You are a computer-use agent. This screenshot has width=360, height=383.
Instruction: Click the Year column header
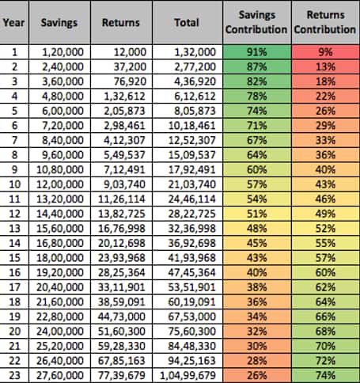pyautogui.click(x=14, y=22)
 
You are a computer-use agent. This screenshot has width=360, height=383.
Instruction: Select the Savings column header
pyautogui.click(x=59, y=22)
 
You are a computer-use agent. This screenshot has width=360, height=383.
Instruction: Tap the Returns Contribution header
pyautogui.click(x=325, y=22)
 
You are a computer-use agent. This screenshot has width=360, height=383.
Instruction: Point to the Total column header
pyautogui.click(x=187, y=22)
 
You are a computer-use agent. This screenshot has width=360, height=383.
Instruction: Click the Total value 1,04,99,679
pyautogui.click(x=188, y=375)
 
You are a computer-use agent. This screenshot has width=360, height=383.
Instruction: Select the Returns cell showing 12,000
pyautogui.click(x=130, y=52)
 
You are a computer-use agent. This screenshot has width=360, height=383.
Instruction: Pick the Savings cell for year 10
pyautogui.click(x=60, y=184)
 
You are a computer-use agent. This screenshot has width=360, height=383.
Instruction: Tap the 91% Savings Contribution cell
pyautogui.click(x=257, y=52)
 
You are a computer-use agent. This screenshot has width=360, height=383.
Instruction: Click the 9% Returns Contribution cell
pyautogui.click(x=326, y=52)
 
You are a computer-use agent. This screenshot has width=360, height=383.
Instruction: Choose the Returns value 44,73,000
pyautogui.click(x=122, y=317)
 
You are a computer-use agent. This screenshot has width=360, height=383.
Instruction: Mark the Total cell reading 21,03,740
pyautogui.click(x=192, y=184)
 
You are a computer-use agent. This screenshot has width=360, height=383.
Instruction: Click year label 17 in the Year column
pyautogui.click(x=14, y=287)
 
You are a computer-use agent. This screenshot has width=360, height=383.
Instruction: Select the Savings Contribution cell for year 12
pyautogui.click(x=257, y=214)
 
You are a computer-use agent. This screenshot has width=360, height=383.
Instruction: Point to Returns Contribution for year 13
pyautogui.click(x=326, y=229)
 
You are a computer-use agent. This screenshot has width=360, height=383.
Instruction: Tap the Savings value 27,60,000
pyautogui.click(x=60, y=375)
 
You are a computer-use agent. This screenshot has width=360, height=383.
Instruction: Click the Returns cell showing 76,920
pyautogui.click(x=130, y=82)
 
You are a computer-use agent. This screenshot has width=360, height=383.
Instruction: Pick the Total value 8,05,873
pyautogui.click(x=195, y=111)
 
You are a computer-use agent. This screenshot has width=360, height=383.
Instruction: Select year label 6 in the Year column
pyautogui.click(x=14, y=125)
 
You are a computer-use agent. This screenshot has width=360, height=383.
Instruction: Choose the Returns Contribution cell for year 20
pyautogui.click(x=326, y=332)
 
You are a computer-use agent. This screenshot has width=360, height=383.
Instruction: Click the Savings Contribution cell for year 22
pyautogui.click(x=257, y=361)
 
